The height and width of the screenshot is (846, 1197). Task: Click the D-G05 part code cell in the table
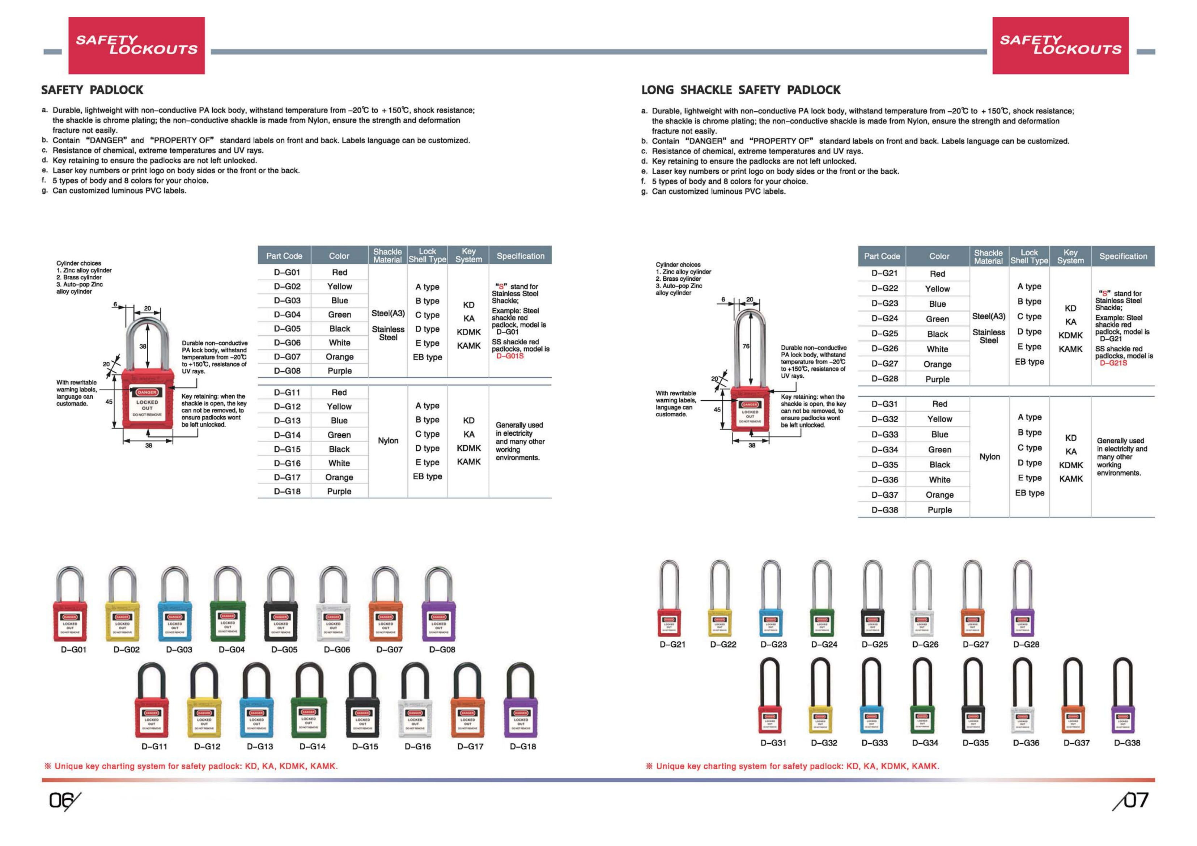click(x=287, y=329)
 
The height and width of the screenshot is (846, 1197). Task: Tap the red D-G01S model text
click(x=509, y=356)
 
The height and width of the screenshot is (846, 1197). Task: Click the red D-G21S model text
click(x=1113, y=363)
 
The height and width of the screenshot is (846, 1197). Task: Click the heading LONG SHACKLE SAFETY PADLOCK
click(x=740, y=90)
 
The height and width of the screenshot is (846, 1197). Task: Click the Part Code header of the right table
click(x=882, y=256)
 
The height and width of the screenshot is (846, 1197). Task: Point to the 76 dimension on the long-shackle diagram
click(x=746, y=346)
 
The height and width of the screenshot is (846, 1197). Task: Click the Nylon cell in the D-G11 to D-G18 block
click(x=388, y=441)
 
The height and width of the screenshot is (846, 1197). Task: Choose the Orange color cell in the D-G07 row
click(x=339, y=357)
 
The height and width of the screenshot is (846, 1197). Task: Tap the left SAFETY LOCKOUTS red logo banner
click(x=137, y=45)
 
